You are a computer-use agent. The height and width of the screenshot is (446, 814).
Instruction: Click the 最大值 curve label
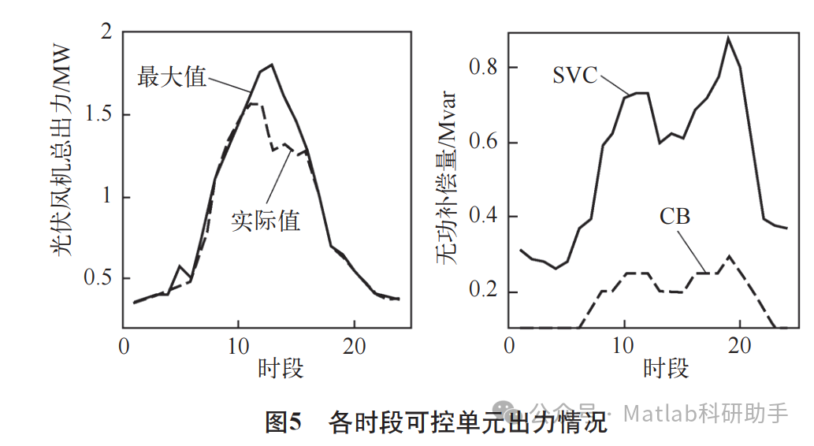point(172,76)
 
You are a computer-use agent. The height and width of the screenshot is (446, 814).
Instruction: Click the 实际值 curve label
point(266,220)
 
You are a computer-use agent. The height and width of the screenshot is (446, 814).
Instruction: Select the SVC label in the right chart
point(575,76)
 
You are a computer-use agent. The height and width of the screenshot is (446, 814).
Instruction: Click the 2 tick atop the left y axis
point(105,32)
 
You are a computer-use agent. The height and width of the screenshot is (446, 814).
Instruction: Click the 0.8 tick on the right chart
point(482,68)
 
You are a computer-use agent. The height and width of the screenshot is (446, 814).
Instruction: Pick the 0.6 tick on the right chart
point(482,143)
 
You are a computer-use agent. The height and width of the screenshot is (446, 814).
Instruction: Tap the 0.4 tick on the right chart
point(482,217)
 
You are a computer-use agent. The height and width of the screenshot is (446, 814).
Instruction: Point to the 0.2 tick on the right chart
point(482,292)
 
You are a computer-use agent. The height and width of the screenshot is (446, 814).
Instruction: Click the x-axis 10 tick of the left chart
point(239,348)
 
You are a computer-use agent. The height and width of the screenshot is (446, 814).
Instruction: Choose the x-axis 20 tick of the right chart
point(740,348)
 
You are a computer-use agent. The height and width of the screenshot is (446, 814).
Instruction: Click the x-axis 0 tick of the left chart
point(124,348)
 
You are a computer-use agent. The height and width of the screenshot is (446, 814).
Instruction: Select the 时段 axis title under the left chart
point(280,369)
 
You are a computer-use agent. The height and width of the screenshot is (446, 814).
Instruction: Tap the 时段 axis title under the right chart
point(665,369)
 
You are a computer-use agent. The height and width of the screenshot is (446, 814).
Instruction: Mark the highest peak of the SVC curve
point(728,37)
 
